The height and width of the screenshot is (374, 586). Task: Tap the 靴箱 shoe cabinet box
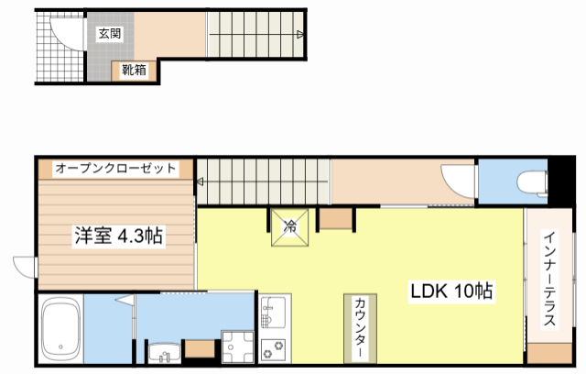pos(133,69)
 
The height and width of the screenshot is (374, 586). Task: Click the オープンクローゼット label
pos(115,169)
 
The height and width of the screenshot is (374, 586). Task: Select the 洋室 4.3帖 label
pos(118,236)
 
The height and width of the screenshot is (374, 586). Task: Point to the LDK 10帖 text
pos(451,292)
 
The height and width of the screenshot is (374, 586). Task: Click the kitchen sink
pos(274,316)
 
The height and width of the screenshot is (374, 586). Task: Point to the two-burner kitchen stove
pos(274,349)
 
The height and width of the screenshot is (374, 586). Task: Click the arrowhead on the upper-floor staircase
pos(301,35)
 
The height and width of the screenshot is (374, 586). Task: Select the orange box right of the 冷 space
pos(335,218)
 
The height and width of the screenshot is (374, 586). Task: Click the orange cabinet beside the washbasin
pos(200,349)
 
